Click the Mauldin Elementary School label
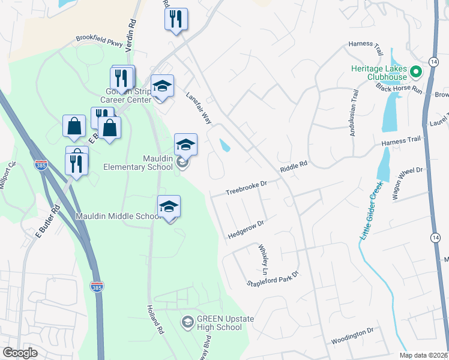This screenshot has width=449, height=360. (x=137, y=163)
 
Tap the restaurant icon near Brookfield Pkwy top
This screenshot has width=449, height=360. (x=176, y=19)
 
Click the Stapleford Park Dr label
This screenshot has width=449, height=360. (x=273, y=281)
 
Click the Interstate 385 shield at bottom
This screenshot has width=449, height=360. (x=97, y=287)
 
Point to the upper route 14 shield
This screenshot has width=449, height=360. (x=433, y=62)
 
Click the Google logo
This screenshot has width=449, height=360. (x=20, y=353)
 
